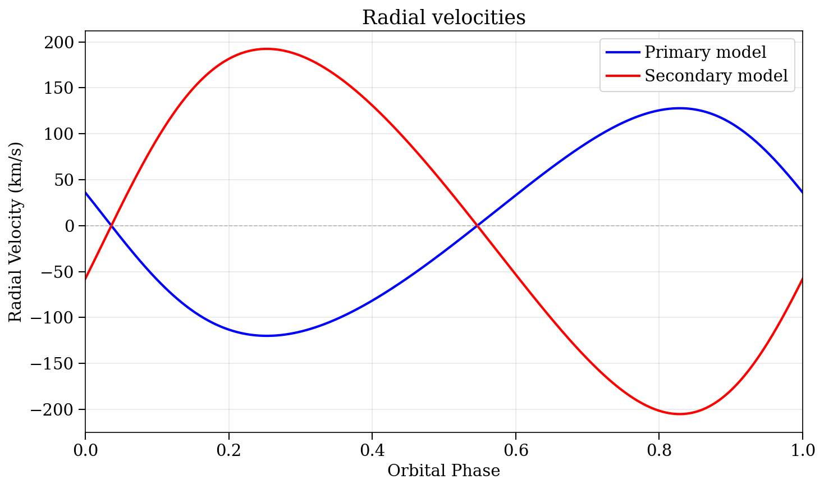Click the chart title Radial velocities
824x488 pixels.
[443, 18]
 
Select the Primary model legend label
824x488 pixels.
[705, 52]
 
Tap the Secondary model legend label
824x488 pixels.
[716, 76]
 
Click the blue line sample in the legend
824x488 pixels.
[622, 52]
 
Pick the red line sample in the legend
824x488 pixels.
[622, 76]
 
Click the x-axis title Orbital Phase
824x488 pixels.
[443, 471]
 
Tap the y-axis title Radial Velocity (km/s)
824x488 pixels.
[16, 232]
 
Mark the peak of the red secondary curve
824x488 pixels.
[266, 49]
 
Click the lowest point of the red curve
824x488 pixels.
[680, 414]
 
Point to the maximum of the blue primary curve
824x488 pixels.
[680, 108]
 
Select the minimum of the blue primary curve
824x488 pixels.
[266, 336]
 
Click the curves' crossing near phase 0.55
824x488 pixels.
[477, 226]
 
